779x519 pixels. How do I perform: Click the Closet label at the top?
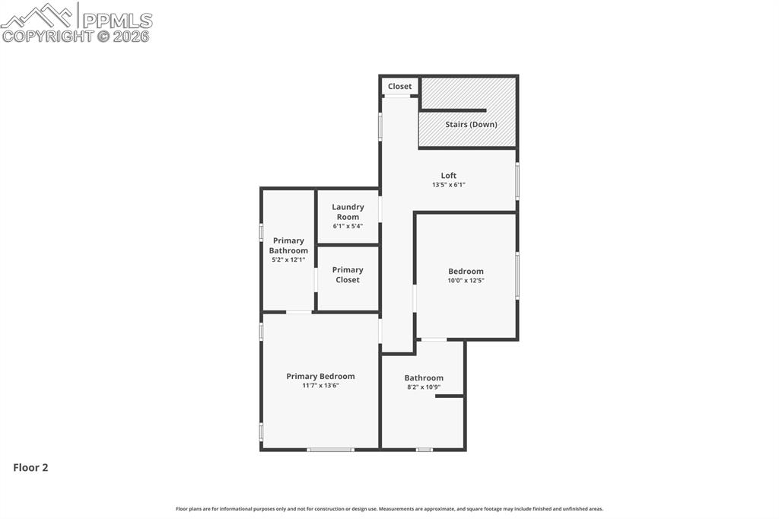(399, 87)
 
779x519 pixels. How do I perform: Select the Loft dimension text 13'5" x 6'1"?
(448, 185)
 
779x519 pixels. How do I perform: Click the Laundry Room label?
(348, 212)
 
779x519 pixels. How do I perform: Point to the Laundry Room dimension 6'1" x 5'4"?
(348, 226)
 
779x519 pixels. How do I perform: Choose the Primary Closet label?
(348, 275)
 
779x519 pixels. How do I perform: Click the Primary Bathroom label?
(288, 246)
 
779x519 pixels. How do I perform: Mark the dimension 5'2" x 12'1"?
(288, 260)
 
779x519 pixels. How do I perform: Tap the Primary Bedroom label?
(320, 376)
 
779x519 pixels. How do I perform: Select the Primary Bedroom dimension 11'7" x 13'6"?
(320, 386)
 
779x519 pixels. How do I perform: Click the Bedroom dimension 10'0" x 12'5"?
(466, 281)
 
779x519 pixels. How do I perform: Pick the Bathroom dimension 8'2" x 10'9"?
(424, 387)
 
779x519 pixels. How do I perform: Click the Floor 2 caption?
(30, 468)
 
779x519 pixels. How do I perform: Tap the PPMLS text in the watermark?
(116, 20)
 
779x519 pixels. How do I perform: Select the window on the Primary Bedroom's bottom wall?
(330, 450)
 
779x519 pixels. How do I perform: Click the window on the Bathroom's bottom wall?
(424, 450)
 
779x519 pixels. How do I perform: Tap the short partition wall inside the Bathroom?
(450, 396)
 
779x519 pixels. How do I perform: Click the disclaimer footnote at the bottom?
(389, 509)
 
